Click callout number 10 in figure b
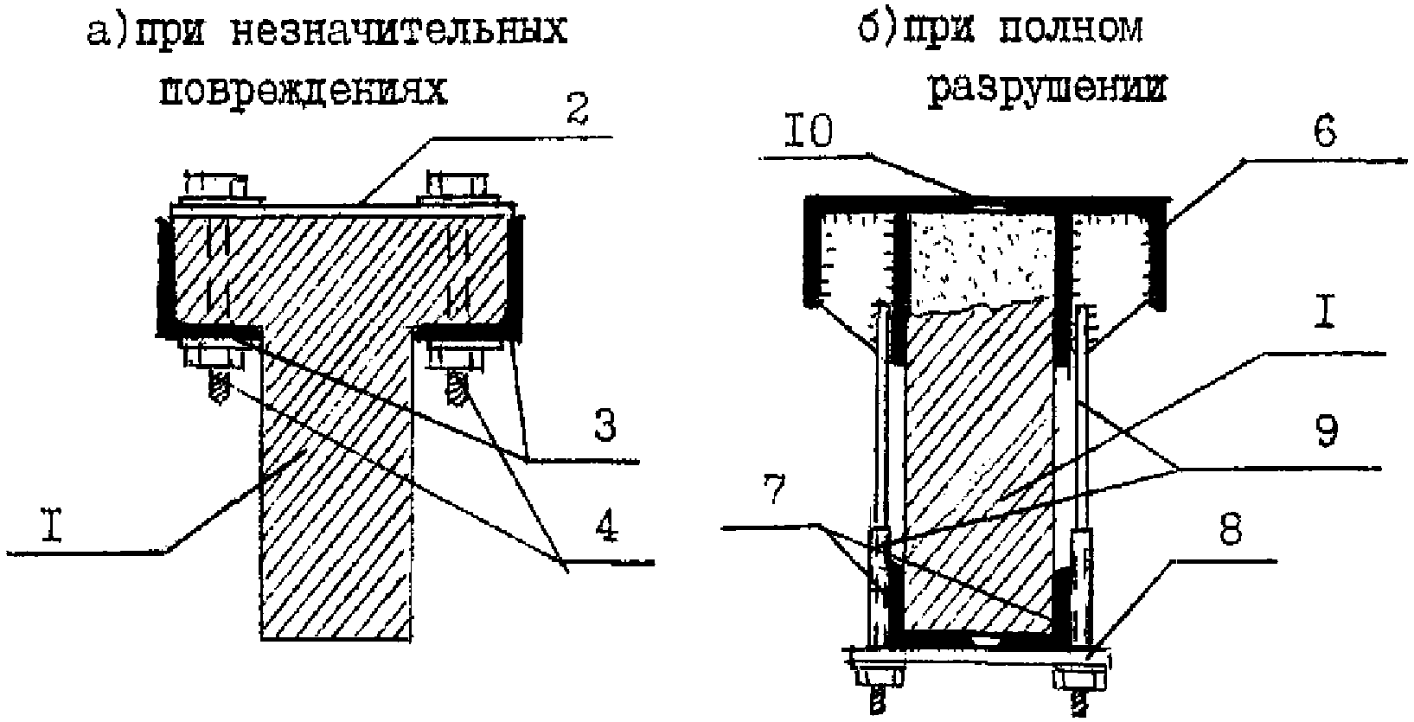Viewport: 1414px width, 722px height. pyautogui.click(x=809, y=131)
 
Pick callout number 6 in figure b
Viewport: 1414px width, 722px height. pyautogui.click(x=1324, y=131)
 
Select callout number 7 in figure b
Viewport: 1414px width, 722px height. pyautogui.click(x=774, y=489)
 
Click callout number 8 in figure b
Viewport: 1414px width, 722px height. pyautogui.click(x=1231, y=529)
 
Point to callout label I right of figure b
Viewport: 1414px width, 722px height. pyautogui.click(x=1324, y=312)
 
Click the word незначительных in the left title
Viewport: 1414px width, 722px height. pyautogui.click(x=399, y=30)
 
